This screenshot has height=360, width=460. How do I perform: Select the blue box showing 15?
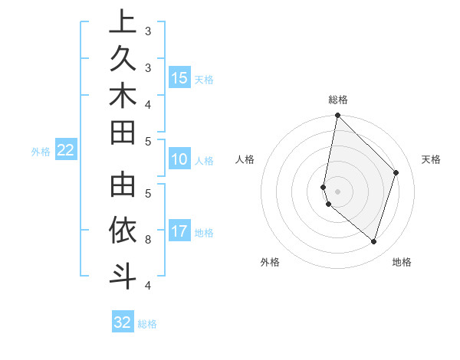[x=179, y=77]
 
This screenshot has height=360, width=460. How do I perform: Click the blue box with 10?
[x=179, y=159]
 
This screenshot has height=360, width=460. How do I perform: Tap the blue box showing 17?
[x=179, y=231]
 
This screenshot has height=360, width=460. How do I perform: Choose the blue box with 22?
[x=66, y=151]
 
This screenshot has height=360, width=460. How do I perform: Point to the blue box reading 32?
[x=123, y=322]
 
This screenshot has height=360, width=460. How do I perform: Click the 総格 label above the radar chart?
[x=338, y=100]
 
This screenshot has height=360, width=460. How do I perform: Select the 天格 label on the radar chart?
[x=431, y=159]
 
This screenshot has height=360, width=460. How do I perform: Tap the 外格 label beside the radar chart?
[x=269, y=262]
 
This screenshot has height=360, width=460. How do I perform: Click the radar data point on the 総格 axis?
[x=337, y=115]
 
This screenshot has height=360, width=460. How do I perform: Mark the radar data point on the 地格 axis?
[x=373, y=241]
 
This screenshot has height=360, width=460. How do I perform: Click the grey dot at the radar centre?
[x=337, y=191]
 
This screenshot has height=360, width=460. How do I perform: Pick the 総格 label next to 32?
[x=147, y=324]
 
